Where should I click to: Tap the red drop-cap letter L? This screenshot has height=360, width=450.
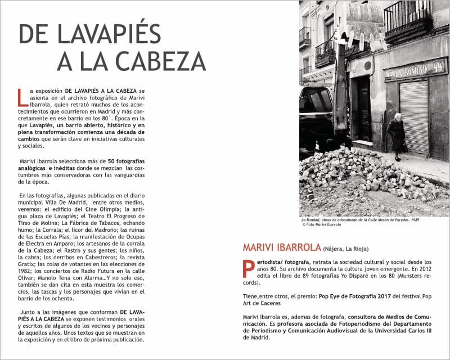pos(22,97)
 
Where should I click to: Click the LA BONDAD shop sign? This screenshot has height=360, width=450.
pos(415,71)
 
